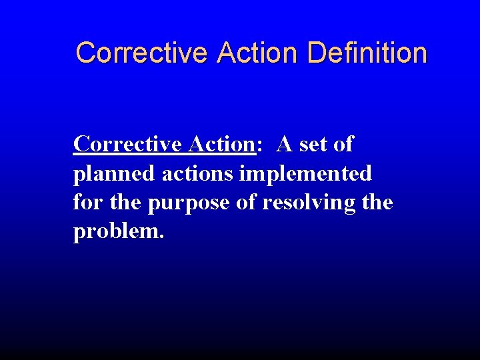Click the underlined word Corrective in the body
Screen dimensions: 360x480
pyautogui.click(x=127, y=144)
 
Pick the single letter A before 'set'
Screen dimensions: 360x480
pyautogui.click(x=285, y=144)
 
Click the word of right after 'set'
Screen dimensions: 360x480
pyautogui.click(x=343, y=144)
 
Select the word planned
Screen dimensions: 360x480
pyautogui.click(x=115, y=174)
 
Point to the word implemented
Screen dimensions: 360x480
pyautogui.click(x=305, y=174)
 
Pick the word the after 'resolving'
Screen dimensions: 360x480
pyautogui.click(x=377, y=202)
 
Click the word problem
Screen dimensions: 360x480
pyautogui.click(x=115, y=232)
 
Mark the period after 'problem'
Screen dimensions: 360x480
pyautogui.click(x=161, y=237)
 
